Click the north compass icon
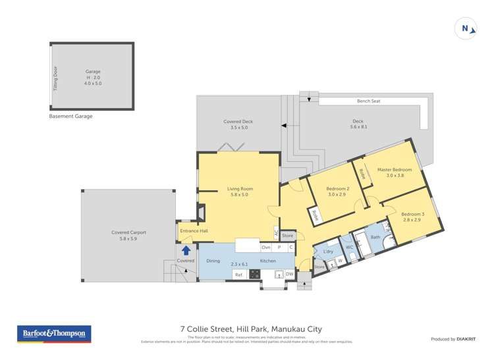coord(466,29)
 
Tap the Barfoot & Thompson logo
coord(54,334)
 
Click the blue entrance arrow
coord(186,250)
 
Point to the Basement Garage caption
coord(70,116)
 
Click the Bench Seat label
coord(368,101)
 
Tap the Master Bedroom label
coord(395,170)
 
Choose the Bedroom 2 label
coord(338,189)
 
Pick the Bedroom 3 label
coord(413,214)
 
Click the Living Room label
coord(240,189)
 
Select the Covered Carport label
coord(129,232)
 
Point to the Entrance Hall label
coord(194,231)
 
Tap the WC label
coord(350,247)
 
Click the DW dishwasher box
coord(289,274)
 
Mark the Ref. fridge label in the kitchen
coord(238,274)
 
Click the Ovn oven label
coord(266,247)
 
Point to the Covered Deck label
coord(238,122)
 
